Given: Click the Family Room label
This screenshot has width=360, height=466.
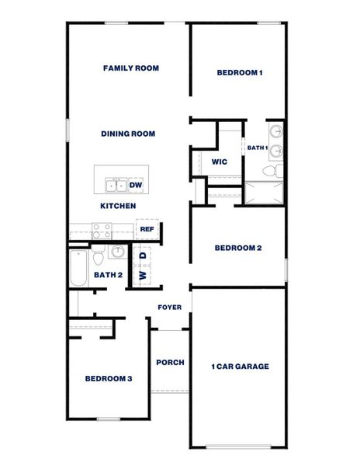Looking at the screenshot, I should [131, 68].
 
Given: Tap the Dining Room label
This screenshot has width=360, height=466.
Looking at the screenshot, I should [128, 134].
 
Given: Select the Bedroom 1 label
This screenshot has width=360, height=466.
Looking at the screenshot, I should [240, 73].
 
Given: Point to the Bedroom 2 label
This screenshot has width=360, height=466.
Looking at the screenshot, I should [237, 248].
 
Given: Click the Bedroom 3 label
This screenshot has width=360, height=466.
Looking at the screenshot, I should [109, 379].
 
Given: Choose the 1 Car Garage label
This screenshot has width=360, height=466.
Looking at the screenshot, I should [240, 367].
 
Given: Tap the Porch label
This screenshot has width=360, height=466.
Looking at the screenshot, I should [170, 363].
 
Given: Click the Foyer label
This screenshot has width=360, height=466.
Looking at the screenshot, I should [170, 308].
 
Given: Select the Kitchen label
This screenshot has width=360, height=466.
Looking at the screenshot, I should [118, 206].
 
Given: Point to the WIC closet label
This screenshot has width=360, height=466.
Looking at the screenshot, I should [219, 162].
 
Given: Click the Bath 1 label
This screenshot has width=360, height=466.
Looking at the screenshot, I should [258, 148].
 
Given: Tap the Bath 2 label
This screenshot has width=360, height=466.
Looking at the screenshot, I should [109, 274].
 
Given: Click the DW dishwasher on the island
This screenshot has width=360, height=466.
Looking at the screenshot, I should [136, 185].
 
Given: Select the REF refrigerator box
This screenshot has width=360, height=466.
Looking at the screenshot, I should [147, 230].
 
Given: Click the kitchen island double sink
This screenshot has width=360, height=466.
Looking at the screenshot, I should [116, 185].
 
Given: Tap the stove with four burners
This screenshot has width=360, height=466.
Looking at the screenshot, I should [102, 230].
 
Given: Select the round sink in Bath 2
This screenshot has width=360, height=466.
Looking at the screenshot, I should [117, 252].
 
